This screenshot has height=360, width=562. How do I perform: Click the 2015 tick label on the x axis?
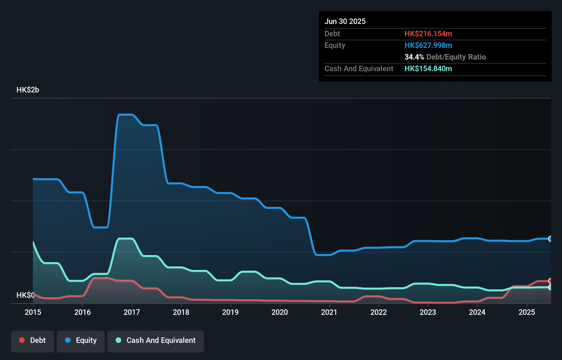pos(33,312)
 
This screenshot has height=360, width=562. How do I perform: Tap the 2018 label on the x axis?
pos(181,312)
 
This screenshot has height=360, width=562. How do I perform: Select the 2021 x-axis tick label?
pos(329,312)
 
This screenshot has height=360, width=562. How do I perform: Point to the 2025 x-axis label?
pos(527,312)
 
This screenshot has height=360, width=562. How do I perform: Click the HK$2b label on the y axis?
pos(28,90)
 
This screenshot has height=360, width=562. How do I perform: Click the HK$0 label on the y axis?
pos(25,295)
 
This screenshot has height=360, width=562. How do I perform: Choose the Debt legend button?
pos(33,340)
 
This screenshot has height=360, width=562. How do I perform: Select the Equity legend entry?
pos(81,340)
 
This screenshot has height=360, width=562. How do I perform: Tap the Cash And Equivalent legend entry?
pos(156,340)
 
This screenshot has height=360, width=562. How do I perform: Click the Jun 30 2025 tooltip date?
pos(345,21)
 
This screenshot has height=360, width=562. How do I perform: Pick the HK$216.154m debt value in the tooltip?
pos(428,34)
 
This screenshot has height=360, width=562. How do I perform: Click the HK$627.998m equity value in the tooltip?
pos(428,45)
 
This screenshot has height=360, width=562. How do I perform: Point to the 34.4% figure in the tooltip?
pos(414,57)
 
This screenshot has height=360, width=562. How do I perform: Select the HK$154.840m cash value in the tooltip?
pos(428,68)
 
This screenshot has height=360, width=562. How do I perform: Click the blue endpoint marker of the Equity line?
pos(550,239)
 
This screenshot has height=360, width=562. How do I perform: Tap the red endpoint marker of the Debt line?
pos(550,281)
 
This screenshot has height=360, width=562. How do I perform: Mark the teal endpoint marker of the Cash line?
pos(550,287)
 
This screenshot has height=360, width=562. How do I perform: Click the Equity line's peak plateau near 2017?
pos(125,115)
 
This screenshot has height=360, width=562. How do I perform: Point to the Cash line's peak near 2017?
pos(125,239)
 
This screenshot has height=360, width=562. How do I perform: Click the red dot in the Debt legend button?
pos(22,340)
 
